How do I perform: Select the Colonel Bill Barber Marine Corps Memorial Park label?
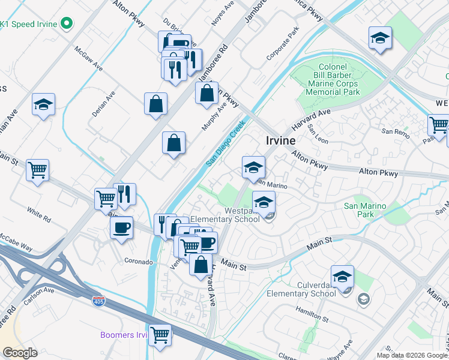tap(331, 80)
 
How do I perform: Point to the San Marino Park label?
tap(365, 210)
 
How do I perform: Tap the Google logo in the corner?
tap(20, 353)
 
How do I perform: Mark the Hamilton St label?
tap(312, 314)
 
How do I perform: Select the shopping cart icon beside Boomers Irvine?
tap(160, 335)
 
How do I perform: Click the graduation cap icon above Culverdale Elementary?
tap(342, 277)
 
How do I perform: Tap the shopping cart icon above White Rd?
tap(37, 170)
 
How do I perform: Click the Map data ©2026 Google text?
tap(411, 355)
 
